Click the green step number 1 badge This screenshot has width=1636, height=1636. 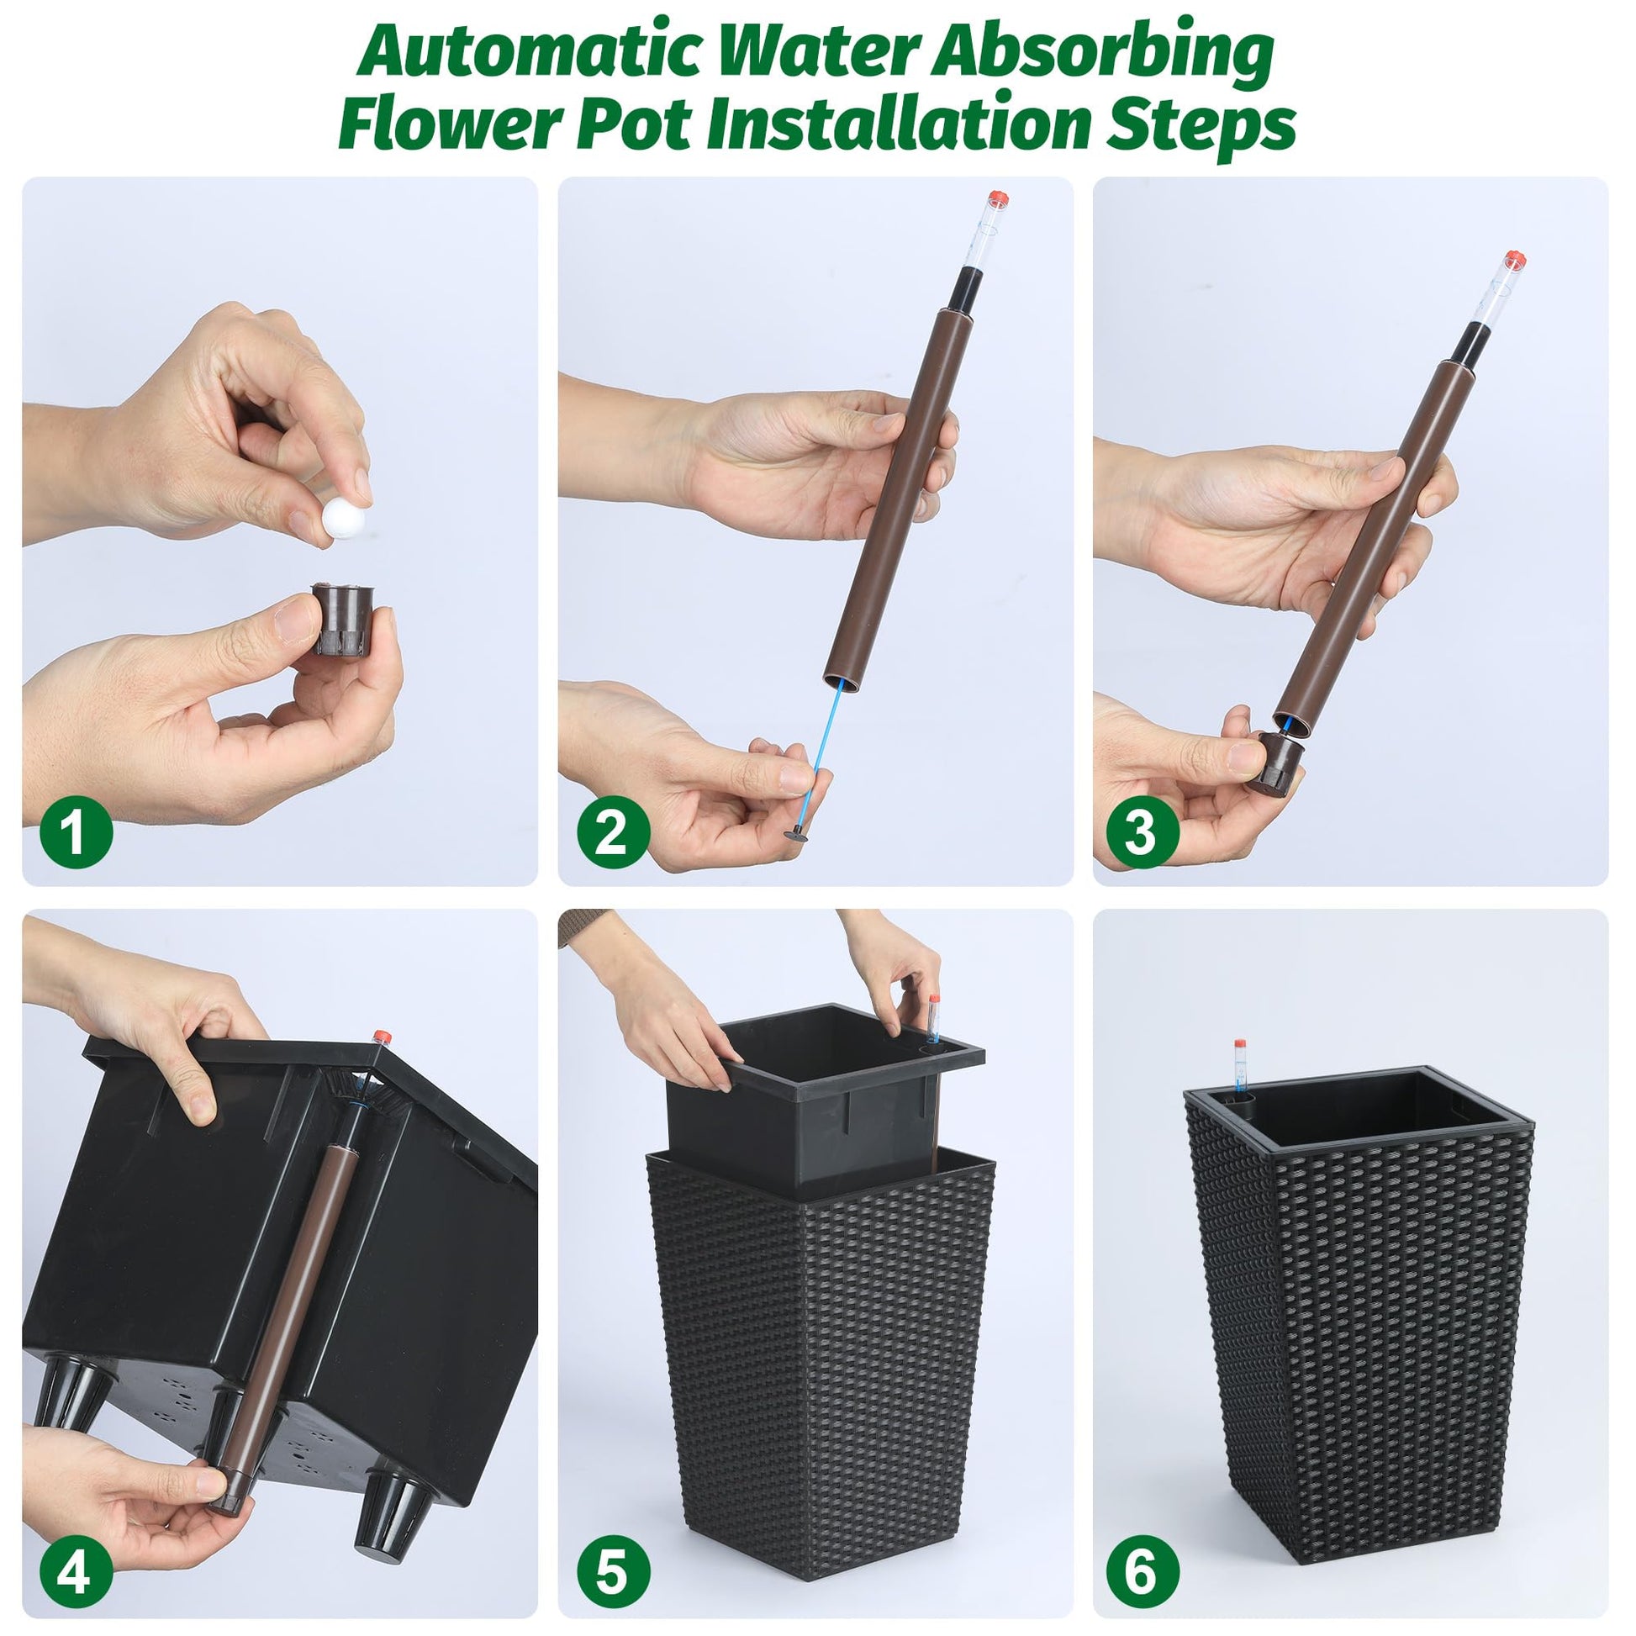(x=77, y=832)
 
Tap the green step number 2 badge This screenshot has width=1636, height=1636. (x=613, y=832)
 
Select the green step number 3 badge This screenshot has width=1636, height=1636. (x=1143, y=832)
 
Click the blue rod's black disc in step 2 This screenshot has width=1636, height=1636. (x=798, y=837)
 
